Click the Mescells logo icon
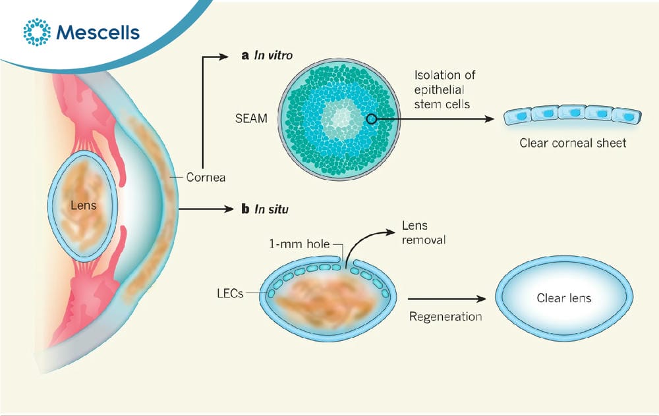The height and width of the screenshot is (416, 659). point(37,32)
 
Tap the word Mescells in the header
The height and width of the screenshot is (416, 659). point(98,32)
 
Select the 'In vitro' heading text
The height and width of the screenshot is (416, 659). point(273,55)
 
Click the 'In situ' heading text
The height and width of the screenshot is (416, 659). point(272,209)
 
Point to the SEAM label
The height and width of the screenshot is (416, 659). point(251,118)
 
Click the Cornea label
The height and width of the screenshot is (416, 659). point(206,178)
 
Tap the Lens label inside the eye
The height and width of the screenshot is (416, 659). point(83,205)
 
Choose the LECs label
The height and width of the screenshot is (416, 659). point(230,294)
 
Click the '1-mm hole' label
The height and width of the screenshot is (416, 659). point(299,244)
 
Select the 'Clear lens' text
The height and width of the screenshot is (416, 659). point(564,298)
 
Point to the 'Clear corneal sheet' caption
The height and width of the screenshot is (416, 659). point(573,143)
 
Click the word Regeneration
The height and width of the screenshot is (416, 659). point(445,317)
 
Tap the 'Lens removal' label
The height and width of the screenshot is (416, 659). point(424,232)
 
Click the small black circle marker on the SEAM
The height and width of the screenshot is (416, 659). point(372,119)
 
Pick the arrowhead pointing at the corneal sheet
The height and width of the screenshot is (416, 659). point(490,119)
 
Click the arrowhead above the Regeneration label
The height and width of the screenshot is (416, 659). point(481,299)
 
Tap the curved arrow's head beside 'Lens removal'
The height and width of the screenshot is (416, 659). point(390,232)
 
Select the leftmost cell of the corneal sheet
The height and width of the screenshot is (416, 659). point(518,115)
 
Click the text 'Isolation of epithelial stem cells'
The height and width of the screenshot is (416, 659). point(445,90)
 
